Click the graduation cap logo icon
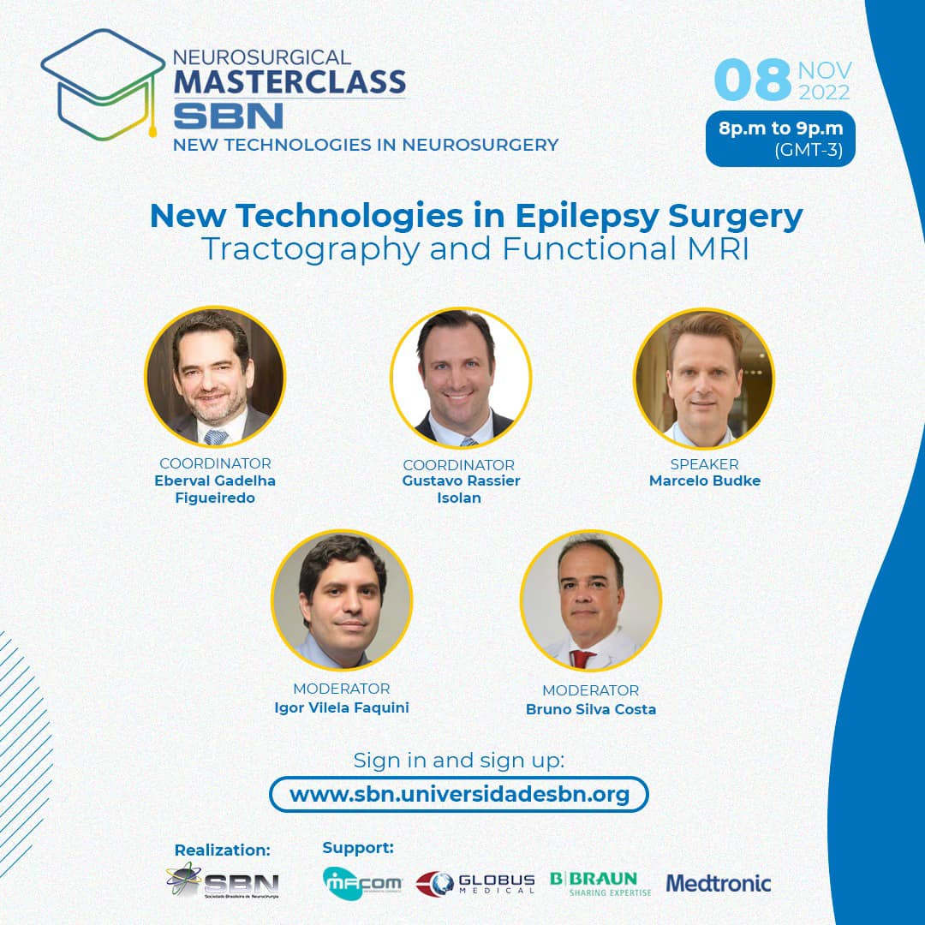103,84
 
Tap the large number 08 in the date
752,80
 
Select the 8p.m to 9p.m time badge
780,139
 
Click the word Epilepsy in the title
587,216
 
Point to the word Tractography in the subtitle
310,249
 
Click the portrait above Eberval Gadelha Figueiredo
215,376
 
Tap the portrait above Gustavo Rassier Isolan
461,378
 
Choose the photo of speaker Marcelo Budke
704,379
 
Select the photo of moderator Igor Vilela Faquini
342,600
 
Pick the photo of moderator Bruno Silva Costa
590,600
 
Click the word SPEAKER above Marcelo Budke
704,464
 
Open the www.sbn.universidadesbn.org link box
459,794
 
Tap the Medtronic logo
719,883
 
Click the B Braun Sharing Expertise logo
600,883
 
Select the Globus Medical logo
475,884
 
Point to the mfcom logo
362,883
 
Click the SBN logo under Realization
223,880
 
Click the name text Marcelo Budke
704,480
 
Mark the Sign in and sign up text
459,761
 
